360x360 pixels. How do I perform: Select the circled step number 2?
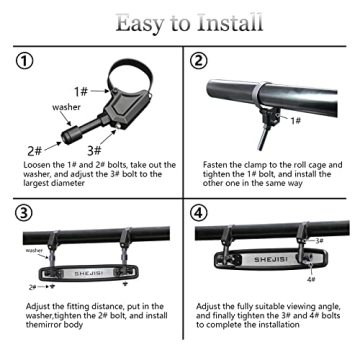tap(200, 62)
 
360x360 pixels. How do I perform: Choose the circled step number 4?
tap(200, 214)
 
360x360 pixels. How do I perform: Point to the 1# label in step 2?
tap(295, 120)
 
